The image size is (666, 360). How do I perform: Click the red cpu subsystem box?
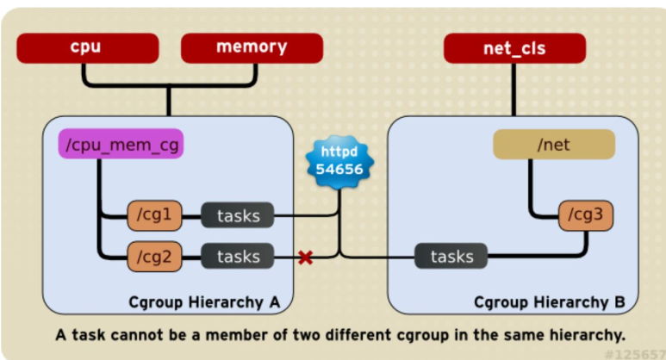tap(86, 47)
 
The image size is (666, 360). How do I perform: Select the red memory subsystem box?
tap(252, 47)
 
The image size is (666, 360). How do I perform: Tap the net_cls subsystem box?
tap(514, 48)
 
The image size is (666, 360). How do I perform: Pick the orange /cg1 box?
tap(154, 215)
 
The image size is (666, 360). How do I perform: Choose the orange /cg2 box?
tap(154, 256)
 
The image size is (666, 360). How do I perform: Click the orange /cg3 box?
tap(586, 215)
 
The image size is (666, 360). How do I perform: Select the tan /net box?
tap(554, 145)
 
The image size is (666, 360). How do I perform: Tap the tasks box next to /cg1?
tap(238, 215)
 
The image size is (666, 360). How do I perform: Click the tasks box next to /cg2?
tap(238, 256)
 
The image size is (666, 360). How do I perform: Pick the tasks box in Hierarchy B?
tap(451, 257)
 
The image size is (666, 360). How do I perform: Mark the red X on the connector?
tap(305, 257)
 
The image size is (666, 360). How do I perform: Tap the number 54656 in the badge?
tap(339, 170)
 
